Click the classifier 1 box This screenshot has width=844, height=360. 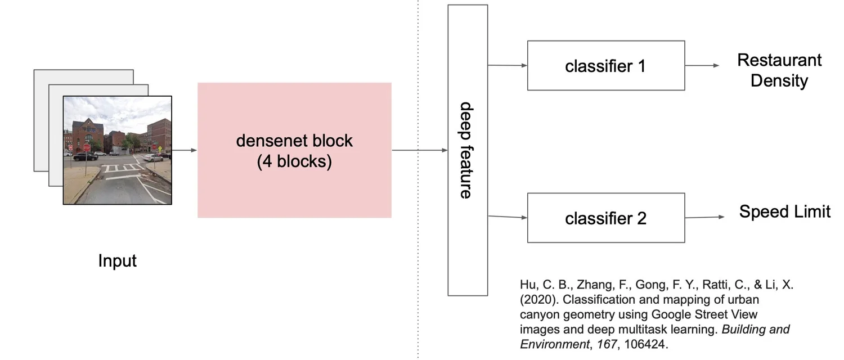click(606, 65)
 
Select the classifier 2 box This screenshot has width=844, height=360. click(606, 218)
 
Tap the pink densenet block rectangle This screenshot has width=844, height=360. click(294, 150)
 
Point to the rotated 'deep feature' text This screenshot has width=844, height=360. click(466, 150)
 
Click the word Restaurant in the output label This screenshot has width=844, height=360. click(779, 60)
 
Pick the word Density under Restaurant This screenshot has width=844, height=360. click(779, 80)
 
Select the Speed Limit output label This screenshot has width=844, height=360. click(784, 211)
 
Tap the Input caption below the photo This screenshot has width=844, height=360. click(117, 260)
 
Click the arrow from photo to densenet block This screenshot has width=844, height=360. click(184, 150)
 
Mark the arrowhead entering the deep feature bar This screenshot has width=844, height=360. click(445, 150)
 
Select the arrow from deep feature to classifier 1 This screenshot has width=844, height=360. click(507, 65)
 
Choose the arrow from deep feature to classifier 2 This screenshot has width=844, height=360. click(507, 217)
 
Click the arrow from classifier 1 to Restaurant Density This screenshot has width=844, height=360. click(702, 65)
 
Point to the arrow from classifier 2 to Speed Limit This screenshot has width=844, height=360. click(704, 217)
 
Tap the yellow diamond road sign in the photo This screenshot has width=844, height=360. click(160, 148)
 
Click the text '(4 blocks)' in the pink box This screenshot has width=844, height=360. click(294, 161)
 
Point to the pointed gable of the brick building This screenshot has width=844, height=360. click(88, 120)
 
